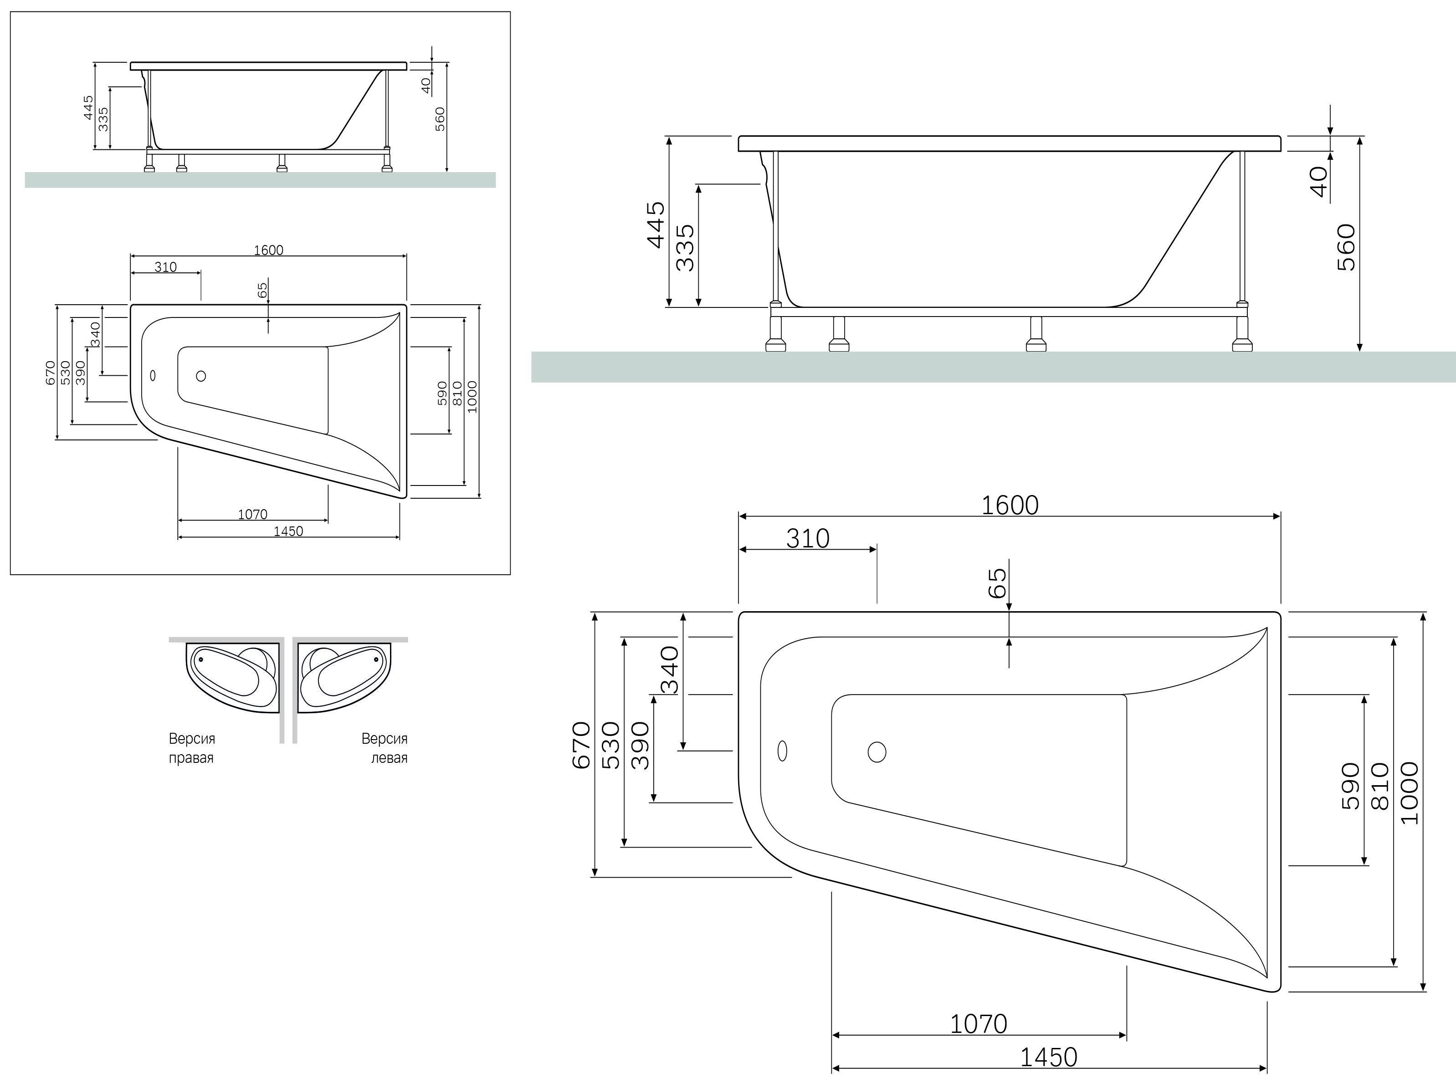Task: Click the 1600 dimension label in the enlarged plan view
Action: (x=1009, y=505)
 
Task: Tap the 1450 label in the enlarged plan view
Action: (x=1048, y=1056)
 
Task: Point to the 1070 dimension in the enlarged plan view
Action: (x=978, y=1024)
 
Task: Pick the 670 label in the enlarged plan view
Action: (x=581, y=745)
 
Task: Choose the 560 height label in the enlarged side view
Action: (x=1346, y=247)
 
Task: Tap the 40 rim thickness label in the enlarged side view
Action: (x=1319, y=181)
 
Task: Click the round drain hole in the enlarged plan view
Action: (x=877, y=752)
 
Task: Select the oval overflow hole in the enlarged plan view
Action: (x=783, y=751)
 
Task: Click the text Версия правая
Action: (x=192, y=748)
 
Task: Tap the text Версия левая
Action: (x=385, y=748)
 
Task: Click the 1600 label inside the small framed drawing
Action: (x=268, y=250)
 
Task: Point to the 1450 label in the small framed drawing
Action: (x=288, y=531)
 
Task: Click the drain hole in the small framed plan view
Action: (x=201, y=376)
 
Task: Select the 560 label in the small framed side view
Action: (x=440, y=119)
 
